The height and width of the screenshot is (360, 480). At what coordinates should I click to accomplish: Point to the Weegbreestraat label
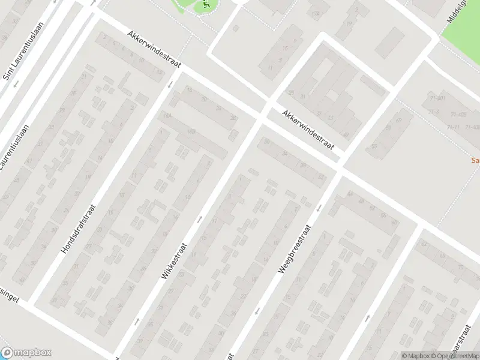tap(293, 250)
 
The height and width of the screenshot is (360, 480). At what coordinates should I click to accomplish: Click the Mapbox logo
tap(26, 353)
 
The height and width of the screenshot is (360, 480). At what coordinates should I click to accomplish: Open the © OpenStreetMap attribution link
tap(454, 356)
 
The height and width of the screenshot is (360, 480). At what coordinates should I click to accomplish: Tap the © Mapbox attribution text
tap(416, 356)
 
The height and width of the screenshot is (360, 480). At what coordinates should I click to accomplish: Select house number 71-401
tap(437, 98)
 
